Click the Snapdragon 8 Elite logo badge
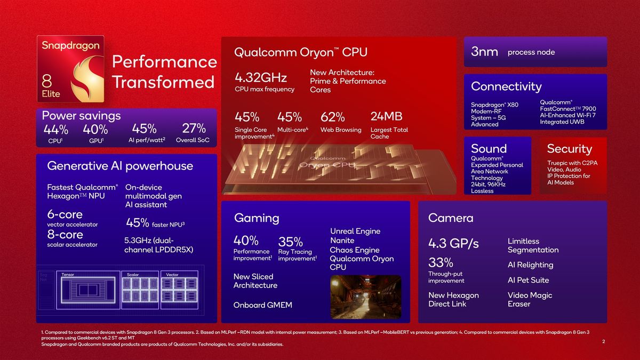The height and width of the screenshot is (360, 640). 70,70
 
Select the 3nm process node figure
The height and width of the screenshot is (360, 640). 485,52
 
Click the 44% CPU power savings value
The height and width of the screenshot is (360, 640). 56,129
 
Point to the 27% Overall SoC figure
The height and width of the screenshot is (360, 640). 194,129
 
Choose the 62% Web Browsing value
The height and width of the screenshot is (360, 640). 332,117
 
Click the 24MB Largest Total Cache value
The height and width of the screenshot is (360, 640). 386,116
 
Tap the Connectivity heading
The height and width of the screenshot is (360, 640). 506,86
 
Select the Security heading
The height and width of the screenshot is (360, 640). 570,149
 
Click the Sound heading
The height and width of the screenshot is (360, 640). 489,149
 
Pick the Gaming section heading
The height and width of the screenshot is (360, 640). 257,218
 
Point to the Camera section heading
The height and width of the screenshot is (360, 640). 451,218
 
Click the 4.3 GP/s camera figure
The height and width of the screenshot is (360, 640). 453,244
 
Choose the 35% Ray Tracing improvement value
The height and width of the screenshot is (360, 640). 291,242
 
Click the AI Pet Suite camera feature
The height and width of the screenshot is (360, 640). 528,280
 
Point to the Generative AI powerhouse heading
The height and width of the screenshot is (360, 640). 120,166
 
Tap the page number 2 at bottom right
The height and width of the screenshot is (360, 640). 603,341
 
